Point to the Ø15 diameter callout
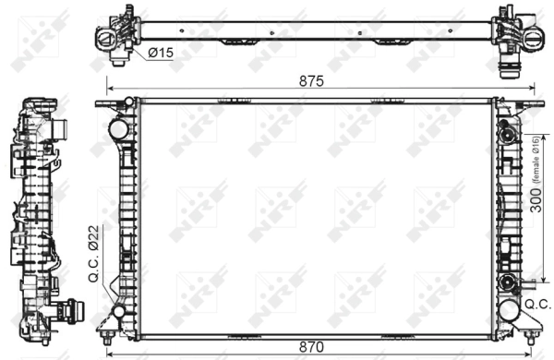click(163, 54)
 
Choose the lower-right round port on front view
click(505, 282)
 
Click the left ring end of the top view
click(108, 36)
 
